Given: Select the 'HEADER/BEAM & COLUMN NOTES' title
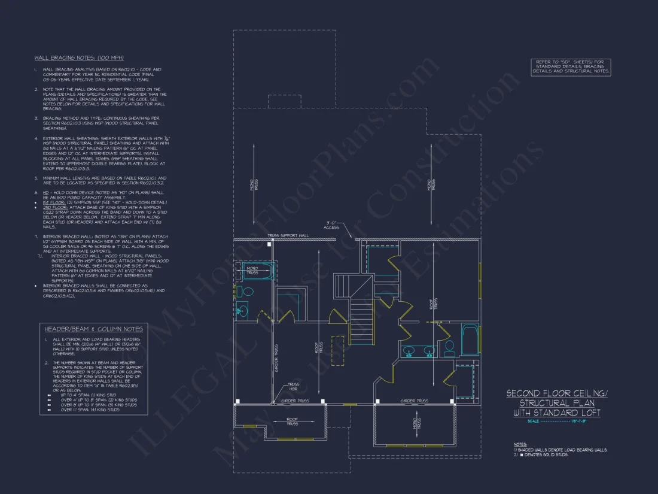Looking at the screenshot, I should click(x=93, y=329).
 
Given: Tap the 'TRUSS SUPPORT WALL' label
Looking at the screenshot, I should click(x=288, y=236).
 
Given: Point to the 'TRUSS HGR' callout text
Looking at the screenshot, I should click(x=294, y=387).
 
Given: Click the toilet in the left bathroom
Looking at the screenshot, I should click(x=240, y=292).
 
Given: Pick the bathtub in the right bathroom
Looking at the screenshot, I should click(x=470, y=340).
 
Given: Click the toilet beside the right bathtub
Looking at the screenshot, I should click(x=450, y=347).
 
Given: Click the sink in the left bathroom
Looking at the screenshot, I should click(x=242, y=311).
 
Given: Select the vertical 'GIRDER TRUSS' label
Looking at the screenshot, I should click(x=276, y=357).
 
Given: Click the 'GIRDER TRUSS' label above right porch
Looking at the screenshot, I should click(x=414, y=401).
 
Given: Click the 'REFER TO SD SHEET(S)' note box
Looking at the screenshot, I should click(x=571, y=66).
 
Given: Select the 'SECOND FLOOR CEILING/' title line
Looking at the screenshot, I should click(x=556, y=393).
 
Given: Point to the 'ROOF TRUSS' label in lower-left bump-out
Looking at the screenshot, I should click(x=292, y=422).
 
